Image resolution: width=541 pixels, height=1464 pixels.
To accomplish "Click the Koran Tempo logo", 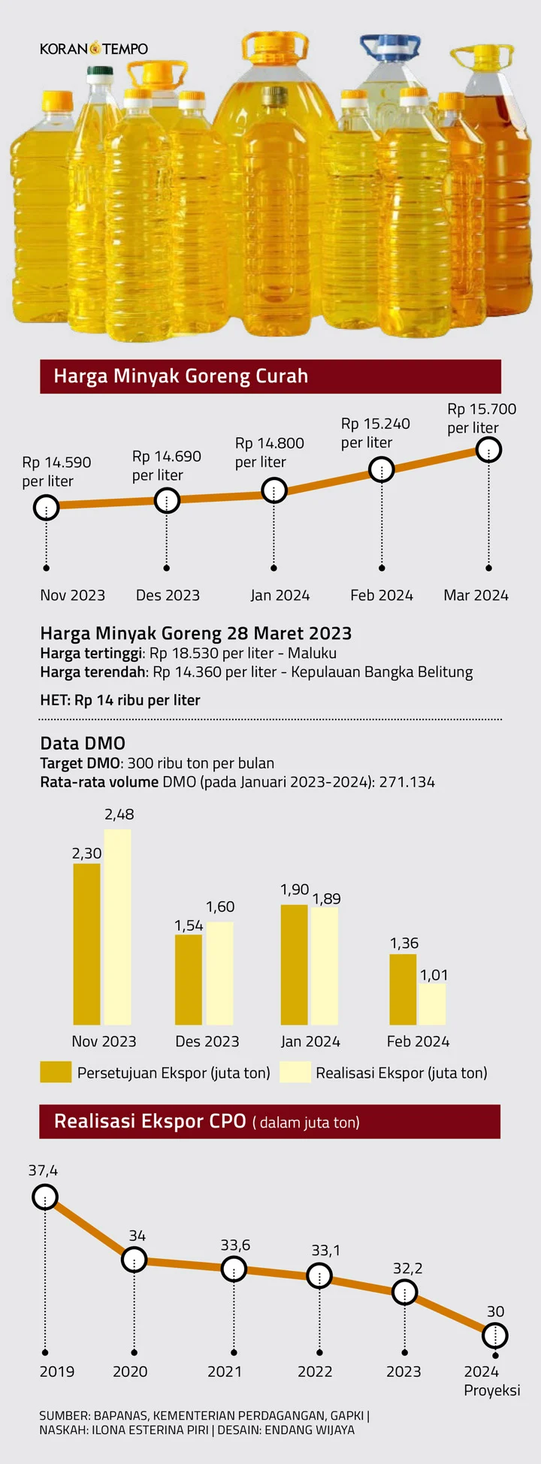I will [94, 49].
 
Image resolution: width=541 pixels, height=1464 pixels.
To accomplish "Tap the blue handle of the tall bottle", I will [390, 47].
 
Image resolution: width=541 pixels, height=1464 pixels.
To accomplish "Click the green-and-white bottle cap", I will [101, 74].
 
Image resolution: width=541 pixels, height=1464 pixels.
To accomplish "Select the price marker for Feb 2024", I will [382, 470].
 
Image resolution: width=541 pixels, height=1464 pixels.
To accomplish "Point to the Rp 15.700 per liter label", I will [482, 418].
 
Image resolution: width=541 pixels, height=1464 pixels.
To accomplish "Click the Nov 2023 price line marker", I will [47, 509].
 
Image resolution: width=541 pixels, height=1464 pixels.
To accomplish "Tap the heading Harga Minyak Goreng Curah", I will [181, 376].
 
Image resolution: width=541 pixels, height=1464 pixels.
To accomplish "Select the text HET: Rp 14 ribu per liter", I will [120, 700].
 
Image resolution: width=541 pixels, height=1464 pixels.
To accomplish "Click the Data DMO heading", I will [83, 743].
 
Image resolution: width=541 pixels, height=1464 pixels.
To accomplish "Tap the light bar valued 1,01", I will [432, 1004].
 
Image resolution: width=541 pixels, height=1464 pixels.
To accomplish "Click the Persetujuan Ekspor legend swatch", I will [56, 1072].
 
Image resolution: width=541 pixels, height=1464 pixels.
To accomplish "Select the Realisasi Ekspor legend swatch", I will [295, 1072].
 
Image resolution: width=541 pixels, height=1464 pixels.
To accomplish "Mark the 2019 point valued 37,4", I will [45, 1197].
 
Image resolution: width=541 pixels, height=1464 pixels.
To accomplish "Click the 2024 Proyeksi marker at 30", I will [495, 1336].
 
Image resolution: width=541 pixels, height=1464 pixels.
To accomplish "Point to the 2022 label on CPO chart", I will [315, 1372].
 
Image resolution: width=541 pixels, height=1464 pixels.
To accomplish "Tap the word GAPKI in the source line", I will [343, 1415].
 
